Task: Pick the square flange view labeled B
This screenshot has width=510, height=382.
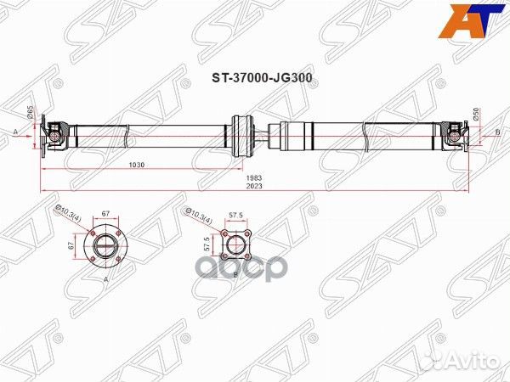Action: click(x=234, y=246)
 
